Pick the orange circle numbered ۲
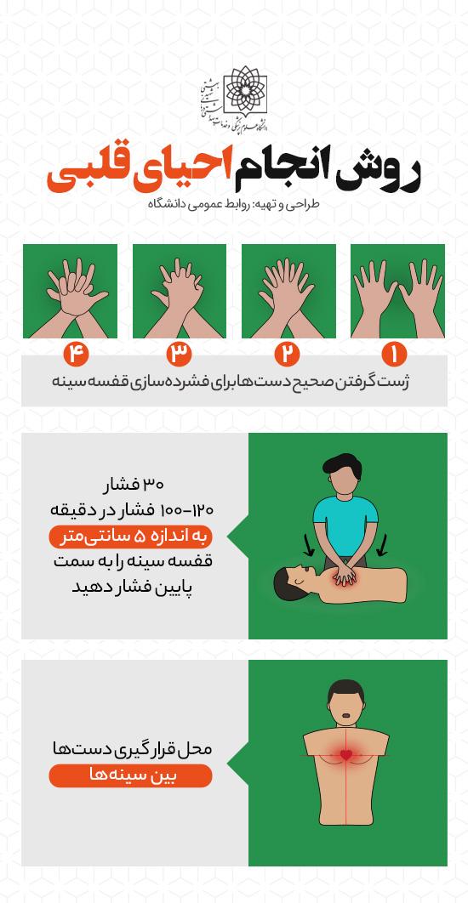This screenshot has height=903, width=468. (x=287, y=354)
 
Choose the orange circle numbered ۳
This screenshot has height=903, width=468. (x=179, y=354)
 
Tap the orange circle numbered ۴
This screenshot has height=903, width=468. (x=76, y=354)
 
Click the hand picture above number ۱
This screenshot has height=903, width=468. (x=397, y=291)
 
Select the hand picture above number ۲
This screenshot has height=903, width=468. (x=288, y=291)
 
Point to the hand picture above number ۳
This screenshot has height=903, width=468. (x=180, y=291)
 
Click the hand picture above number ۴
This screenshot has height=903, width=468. (x=71, y=291)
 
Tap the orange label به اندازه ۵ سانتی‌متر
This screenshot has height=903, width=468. (x=131, y=537)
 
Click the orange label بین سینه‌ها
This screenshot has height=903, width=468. (x=131, y=775)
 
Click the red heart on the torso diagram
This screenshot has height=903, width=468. (x=345, y=754)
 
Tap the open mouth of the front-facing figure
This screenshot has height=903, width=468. (x=345, y=717)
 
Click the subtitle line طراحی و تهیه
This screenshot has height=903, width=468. (x=234, y=204)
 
